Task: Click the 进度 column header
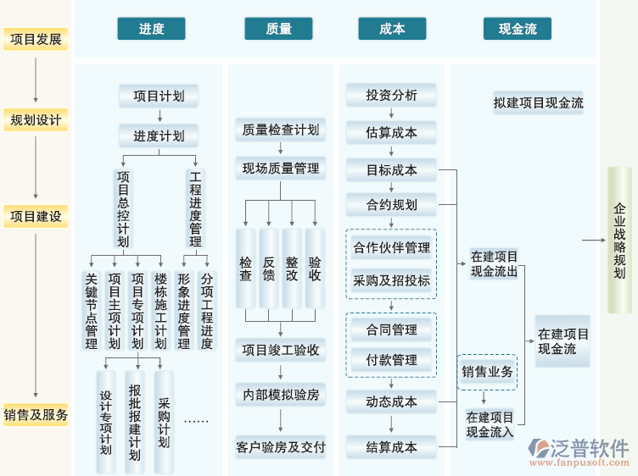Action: tap(151, 29)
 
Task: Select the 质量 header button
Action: tap(278, 29)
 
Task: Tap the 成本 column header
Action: tap(391, 29)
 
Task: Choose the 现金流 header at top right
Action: tap(518, 29)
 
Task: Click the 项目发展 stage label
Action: tap(36, 39)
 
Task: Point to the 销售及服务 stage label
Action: tap(36, 415)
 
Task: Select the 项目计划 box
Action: tap(159, 96)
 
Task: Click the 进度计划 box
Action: tap(159, 136)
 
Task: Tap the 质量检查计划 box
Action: tap(280, 130)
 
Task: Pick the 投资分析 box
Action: tap(391, 95)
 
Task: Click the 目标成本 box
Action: tap(391, 169)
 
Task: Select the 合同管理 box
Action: tap(391, 329)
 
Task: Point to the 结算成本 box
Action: tap(391, 447)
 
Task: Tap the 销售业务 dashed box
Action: tap(487, 371)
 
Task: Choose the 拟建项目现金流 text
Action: tap(538, 103)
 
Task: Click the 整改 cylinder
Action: tap(292, 268)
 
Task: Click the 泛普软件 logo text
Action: tap(590, 448)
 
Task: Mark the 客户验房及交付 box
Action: tap(280, 446)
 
